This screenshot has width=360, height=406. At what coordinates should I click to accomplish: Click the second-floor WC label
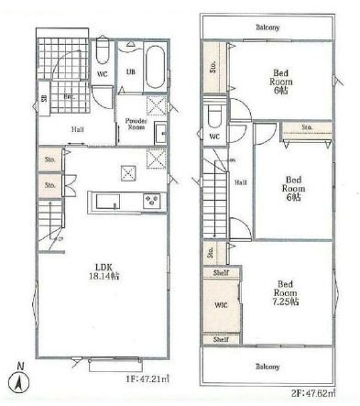(x=214, y=137)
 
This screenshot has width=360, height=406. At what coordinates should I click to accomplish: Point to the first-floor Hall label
(x=80, y=129)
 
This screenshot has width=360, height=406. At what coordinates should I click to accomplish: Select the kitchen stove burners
(x=150, y=201)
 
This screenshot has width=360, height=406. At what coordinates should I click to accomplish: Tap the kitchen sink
(x=102, y=201)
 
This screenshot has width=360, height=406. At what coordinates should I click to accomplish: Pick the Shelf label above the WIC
(x=219, y=272)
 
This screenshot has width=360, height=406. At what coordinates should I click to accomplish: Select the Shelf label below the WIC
(x=219, y=339)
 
